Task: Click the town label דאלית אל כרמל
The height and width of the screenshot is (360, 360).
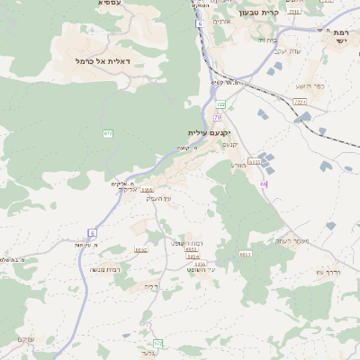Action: [x=103, y=60]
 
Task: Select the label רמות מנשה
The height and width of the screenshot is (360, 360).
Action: [x=104, y=269]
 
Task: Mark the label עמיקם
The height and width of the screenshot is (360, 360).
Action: [x=26, y=339]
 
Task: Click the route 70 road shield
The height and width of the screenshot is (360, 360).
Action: [x=217, y=118]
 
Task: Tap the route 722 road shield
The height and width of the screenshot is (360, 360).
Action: [x=220, y=105]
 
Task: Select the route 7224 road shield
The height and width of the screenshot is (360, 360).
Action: [x=300, y=103]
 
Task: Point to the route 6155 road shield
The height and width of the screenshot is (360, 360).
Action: [x=255, y=162]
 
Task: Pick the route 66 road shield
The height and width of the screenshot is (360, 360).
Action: [x=264, y=184]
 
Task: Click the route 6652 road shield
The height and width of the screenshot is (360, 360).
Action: [x=141, y=249]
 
